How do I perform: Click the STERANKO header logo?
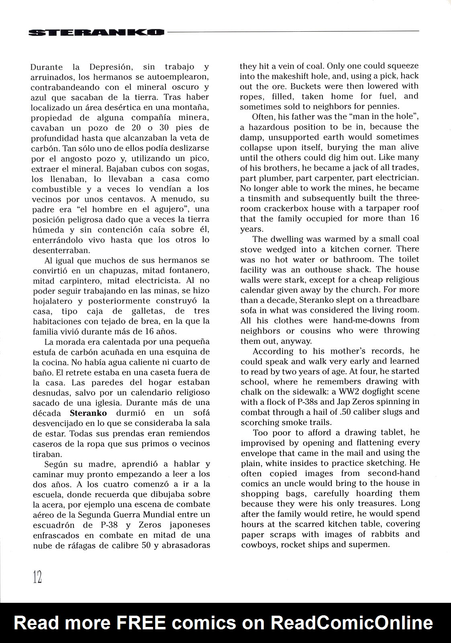tap(97, 33)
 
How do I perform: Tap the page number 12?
tap(37, 577)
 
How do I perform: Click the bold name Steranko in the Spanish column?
tap(88, 413)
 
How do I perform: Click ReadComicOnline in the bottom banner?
tap(352, 623)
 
